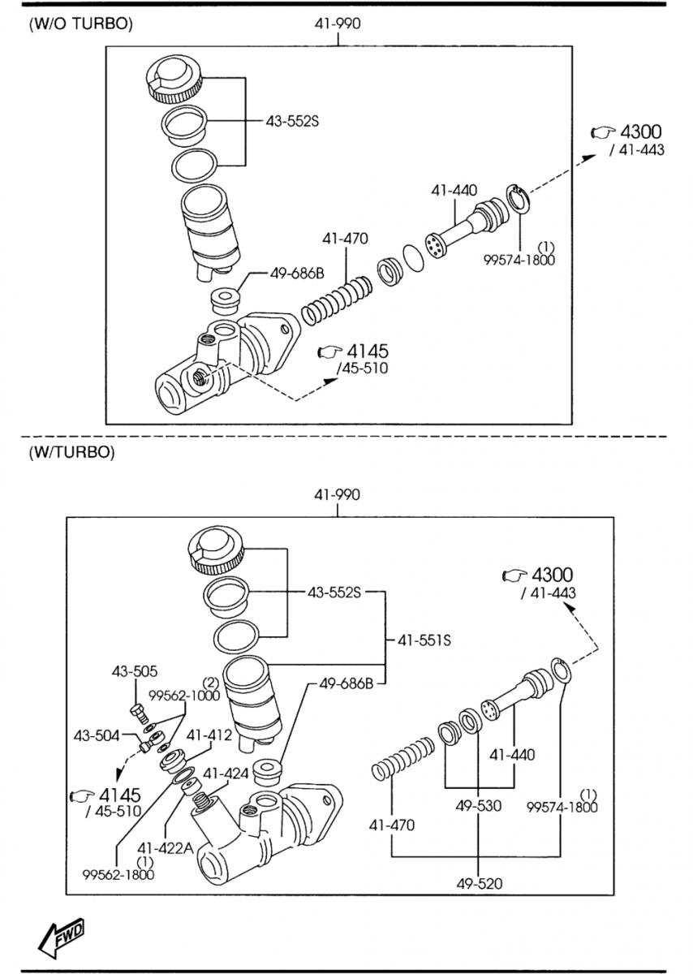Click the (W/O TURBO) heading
click(x=80, y=24)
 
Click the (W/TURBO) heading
click(x=71, y=452)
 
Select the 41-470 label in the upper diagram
click(x=345, y=239)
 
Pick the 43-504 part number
click(x=97, y=735)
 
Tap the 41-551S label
click(x=424, y=640)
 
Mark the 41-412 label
click(x=209, y=735)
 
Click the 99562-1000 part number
click(x=183, y=696)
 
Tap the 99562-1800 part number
click(x=118, y=873)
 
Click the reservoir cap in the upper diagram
click(x=175, y=77)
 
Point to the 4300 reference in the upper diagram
click(x=629, y=131)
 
